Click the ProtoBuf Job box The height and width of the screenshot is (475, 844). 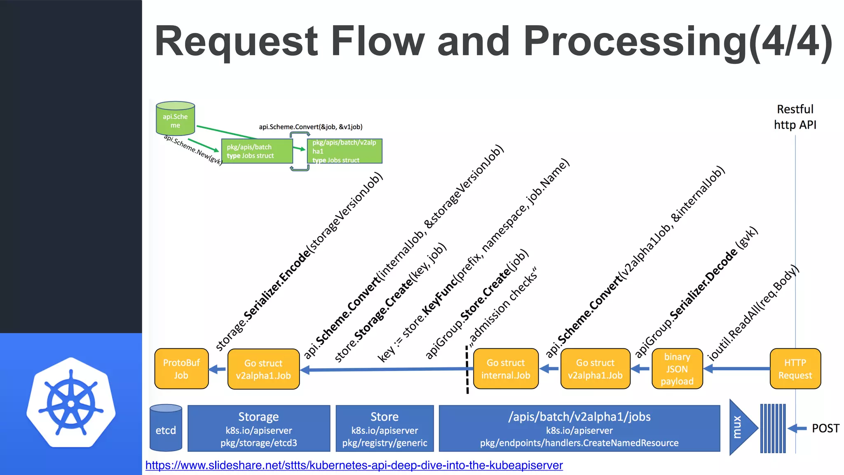pyautogui.click(x=181, y=369)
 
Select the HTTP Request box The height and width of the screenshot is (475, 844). pyautogui.click(x=795, y=369)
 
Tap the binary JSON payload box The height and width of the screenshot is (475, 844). pyautogui.click(x=677, y=369)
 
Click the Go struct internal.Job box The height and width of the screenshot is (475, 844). pyautogui.click(x=506, y=369)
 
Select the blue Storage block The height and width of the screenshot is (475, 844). pyautogui.click(x=258, y=428)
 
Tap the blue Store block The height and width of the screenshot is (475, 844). pyautogui.click(x=384, y=428)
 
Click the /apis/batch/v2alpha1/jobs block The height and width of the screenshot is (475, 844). pyautogui.click(x=579, y=428)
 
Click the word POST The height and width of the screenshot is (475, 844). pyautogui.click(x=825, y=428)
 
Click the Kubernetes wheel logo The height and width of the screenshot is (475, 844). pyautogui.click(x=71, y=403)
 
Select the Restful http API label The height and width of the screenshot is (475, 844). pyautogui.click(x=795, y=117)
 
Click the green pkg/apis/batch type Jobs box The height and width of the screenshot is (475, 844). pyautogui.click(x=256, y=151)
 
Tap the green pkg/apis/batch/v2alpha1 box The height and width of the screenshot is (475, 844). pyautogui.click(x=344, y=151)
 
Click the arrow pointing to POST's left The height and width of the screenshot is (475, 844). pyautogui.click(x=797, y=428)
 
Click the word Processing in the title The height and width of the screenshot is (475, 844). pyautogui.click(x=635, y=41)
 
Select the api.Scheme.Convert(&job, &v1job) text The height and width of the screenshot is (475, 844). pyautogui.click(x=310, y=127)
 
